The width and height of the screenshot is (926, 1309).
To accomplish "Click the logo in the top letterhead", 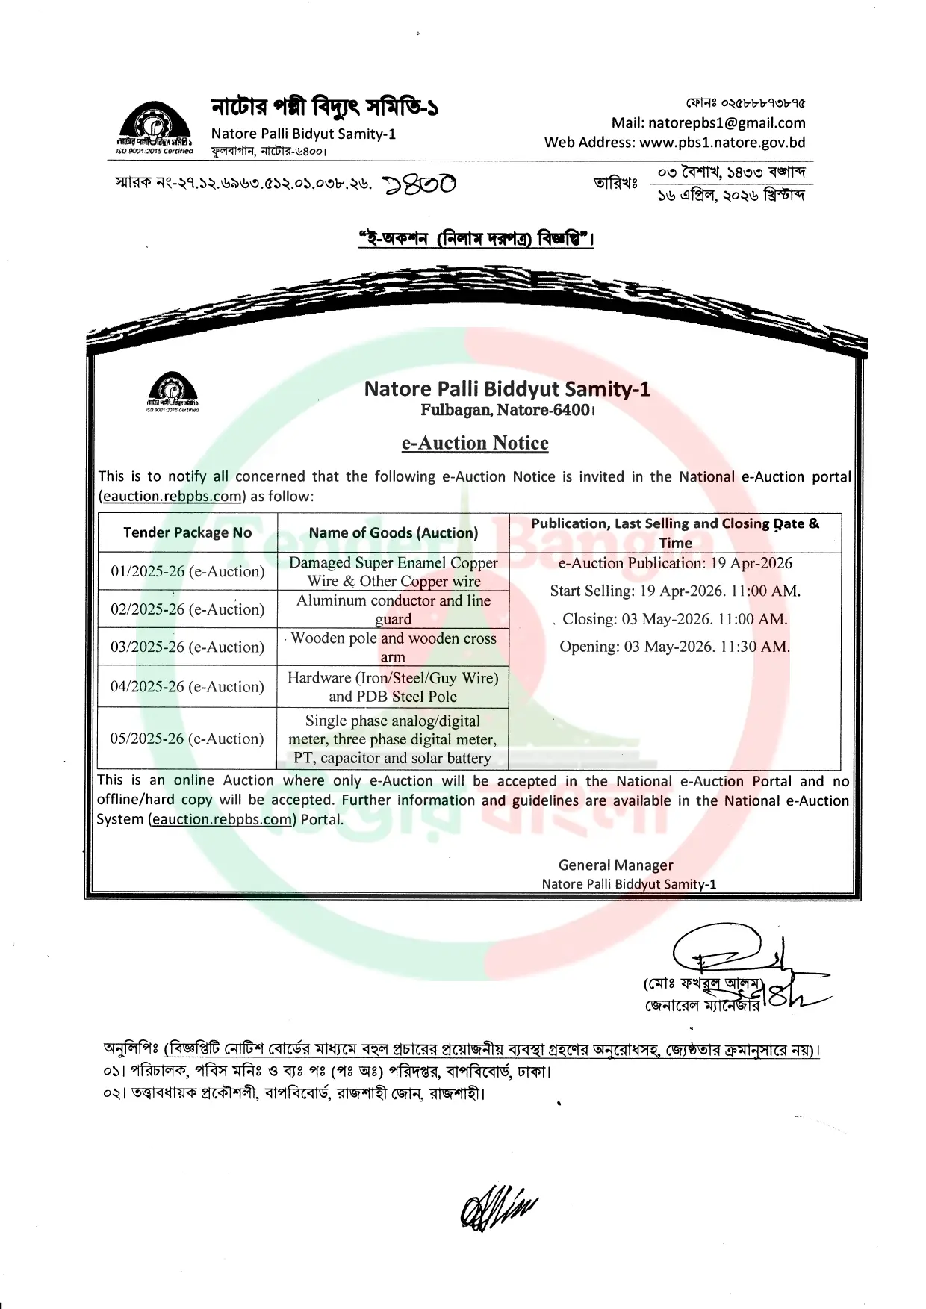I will pos(155,127).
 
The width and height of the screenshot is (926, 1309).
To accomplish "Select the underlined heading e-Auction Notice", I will pos(475,443).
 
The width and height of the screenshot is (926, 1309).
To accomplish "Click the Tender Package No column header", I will pos(187,532).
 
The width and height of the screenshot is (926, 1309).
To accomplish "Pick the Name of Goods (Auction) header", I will pos(394,532).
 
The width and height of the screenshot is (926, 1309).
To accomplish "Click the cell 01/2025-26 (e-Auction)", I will pos(187,571).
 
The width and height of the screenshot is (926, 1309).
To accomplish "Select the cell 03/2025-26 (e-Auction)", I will pos(187,647).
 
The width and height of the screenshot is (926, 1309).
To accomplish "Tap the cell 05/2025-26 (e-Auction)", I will pos(187,739).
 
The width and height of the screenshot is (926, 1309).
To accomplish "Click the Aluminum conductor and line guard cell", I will pos(394,609).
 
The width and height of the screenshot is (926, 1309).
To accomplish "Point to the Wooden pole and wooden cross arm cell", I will pos(394,647).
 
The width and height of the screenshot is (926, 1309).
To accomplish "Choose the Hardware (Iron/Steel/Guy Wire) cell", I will pos(394,687).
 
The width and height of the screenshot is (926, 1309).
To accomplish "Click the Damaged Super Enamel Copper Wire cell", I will pos(394,571).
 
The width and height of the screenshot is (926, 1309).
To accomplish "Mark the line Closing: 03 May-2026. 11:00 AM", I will pos(675,619).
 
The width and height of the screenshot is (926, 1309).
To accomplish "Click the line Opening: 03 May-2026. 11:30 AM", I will pos(675,647).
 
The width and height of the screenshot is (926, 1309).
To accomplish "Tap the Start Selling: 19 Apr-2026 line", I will pos(675,591).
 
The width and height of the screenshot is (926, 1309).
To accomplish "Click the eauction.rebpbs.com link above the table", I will pos(172,496).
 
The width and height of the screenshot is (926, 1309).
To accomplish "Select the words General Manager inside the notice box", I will pos(615,865).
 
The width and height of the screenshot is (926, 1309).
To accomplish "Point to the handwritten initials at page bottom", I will pos(498,1207).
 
